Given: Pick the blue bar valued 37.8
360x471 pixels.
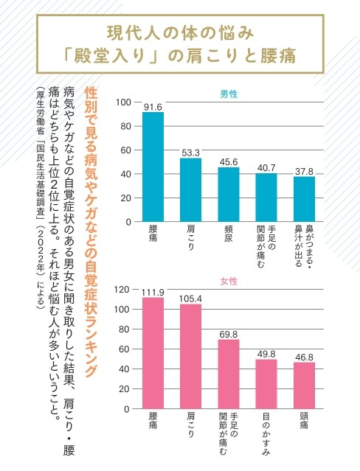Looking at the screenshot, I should tap(304, 199).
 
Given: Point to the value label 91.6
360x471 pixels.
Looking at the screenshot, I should tap(153, 107).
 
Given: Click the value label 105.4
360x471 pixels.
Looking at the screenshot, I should tap(190, 299).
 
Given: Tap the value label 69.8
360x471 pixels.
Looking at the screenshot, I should tap(229, 334).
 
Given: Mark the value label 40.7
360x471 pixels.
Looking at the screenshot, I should tap(266, 168).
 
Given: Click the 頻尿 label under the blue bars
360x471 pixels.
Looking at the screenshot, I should tap(229, 239).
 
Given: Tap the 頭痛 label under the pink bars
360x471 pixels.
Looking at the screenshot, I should tap(304, 425).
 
